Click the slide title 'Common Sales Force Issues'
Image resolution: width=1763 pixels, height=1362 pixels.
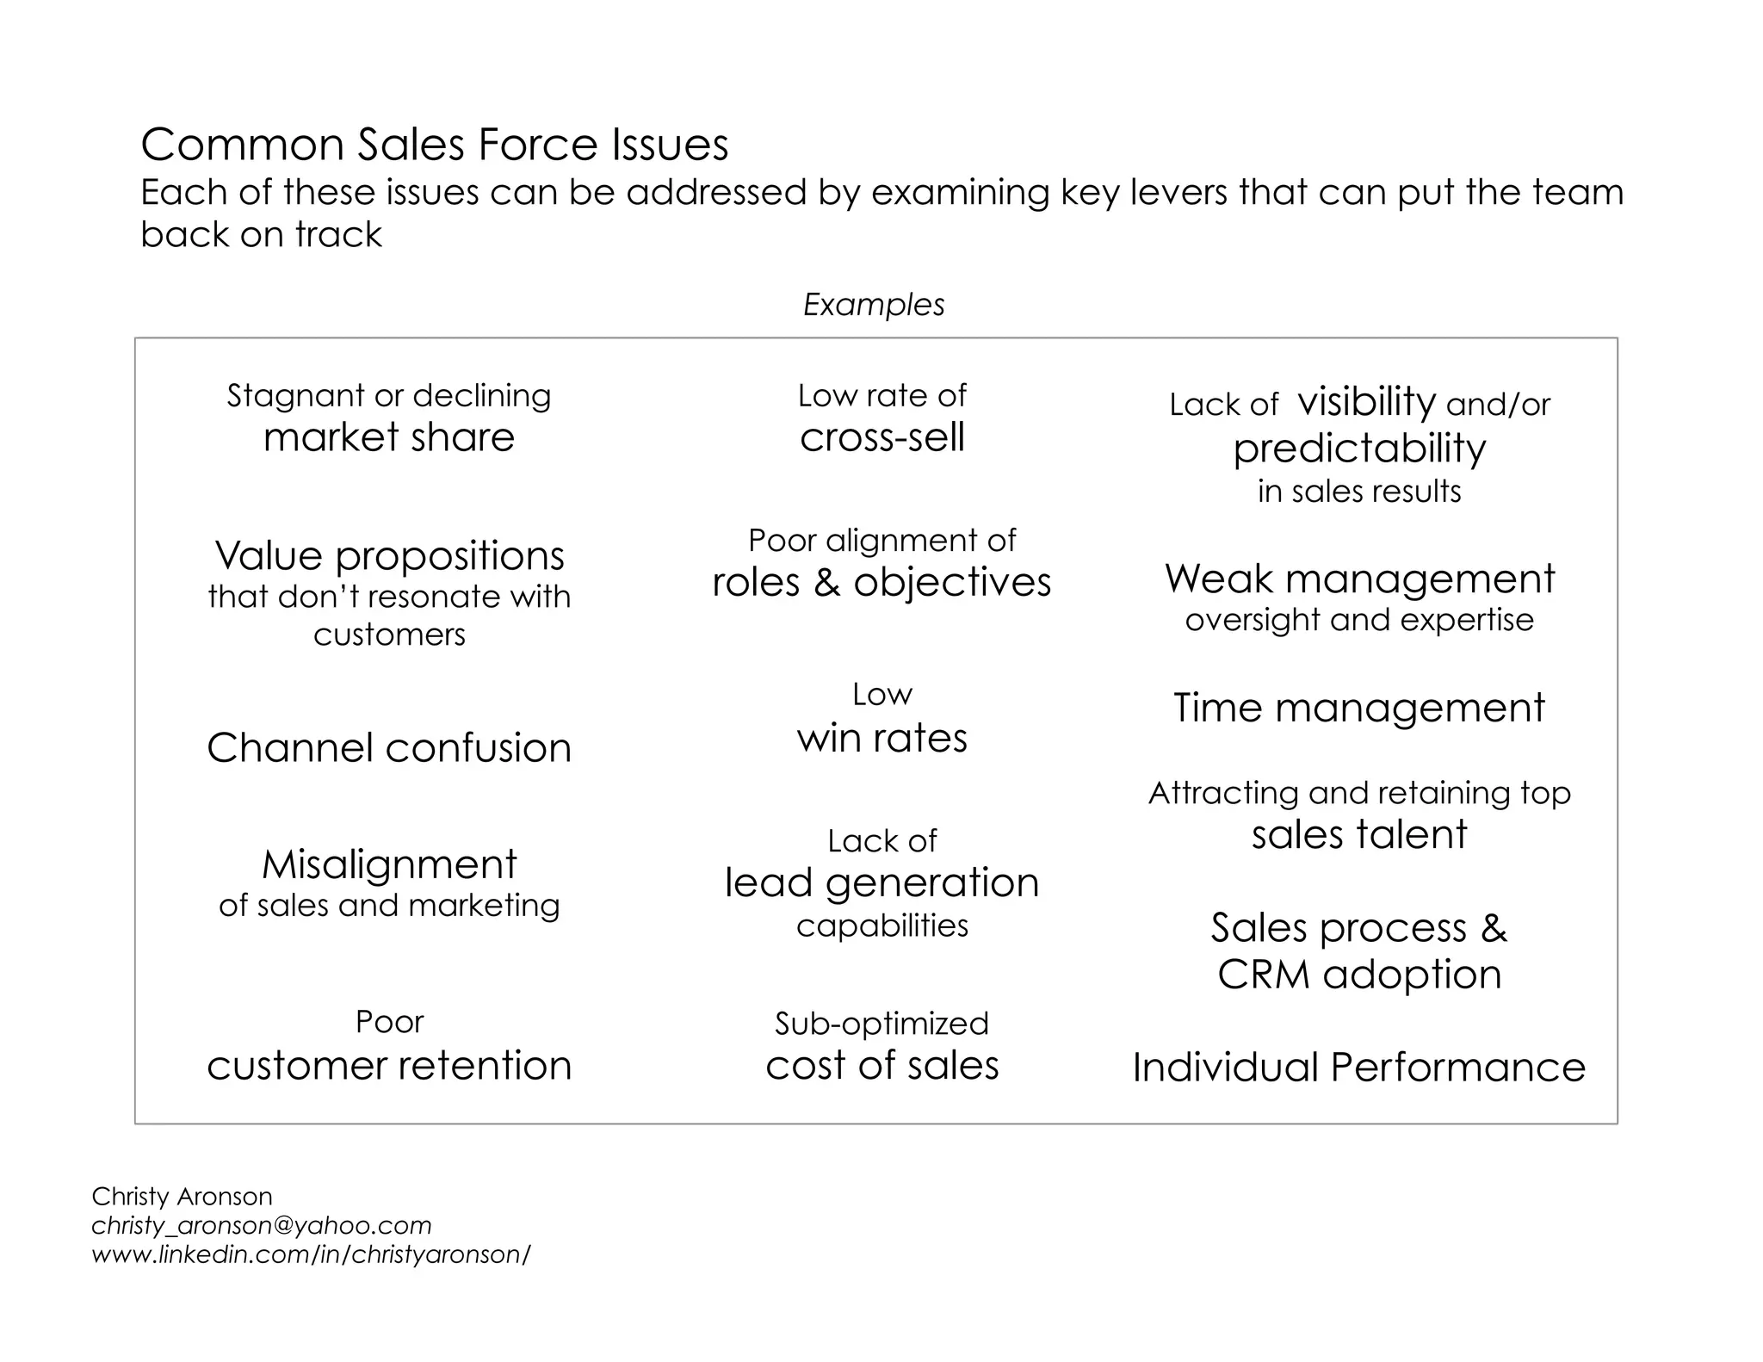pos(435,145)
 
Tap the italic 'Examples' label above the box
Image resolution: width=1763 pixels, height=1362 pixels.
pos(874,305)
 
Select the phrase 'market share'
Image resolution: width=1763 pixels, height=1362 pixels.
pos(389,437)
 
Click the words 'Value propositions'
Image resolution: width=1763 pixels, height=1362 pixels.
pos(389,556)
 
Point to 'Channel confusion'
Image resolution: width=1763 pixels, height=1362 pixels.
pos(389,747)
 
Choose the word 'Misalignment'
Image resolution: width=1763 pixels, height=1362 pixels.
pos(389,864)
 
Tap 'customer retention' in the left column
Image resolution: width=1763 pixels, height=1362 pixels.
pos(389,1066)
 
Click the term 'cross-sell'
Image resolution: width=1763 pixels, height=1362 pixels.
pos(882,437)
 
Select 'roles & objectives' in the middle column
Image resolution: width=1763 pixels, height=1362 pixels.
pos(881,583)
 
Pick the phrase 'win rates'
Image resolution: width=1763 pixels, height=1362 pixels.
pos(882,738)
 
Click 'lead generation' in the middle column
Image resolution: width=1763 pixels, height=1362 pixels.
pos(882,883)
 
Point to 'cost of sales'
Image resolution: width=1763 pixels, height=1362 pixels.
pos(882,1066)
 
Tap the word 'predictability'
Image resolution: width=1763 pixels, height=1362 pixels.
pos(1359,449)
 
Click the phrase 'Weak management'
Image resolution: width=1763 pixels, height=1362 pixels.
pos(1359,579)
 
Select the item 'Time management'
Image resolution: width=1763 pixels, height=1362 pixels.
pos(1359,708)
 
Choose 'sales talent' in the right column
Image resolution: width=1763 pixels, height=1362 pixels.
pos(1359,834)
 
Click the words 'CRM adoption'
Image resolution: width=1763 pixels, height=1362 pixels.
pos(1359,975)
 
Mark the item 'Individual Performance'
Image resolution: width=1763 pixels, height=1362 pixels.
pos(1358,1068)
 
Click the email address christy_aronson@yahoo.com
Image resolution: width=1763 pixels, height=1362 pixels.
pos(262,1226)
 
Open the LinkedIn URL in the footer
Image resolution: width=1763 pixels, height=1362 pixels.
pos(311,1255)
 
